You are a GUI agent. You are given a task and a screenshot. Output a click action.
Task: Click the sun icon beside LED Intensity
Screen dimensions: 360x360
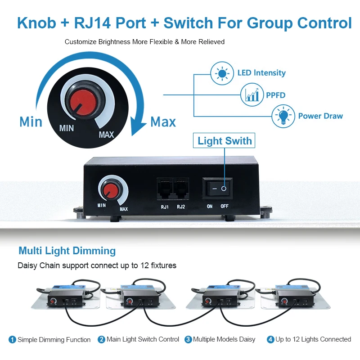221,73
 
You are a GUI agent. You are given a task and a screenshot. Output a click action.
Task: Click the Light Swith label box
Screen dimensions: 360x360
225,141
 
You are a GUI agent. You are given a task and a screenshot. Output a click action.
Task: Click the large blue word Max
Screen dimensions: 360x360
163,122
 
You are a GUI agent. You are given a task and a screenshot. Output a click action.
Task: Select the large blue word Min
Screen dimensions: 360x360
31,122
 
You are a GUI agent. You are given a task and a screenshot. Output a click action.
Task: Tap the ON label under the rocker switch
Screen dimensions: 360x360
210,207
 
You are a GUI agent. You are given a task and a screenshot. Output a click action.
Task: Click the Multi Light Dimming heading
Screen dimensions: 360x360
67,251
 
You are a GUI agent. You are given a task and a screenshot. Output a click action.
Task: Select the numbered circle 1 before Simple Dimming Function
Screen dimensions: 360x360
13,339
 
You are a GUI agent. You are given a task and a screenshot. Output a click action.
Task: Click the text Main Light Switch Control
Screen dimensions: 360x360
143,339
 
